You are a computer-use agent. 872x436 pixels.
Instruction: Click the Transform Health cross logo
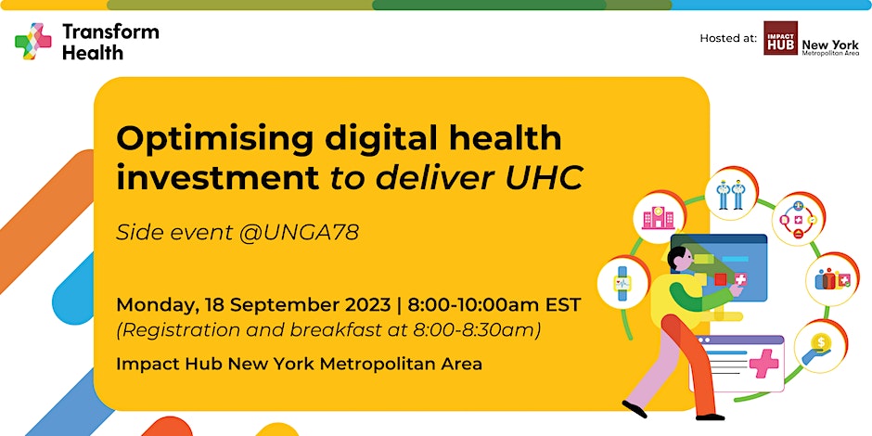tap(33, 41)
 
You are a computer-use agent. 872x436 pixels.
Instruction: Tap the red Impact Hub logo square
tap(780, 38)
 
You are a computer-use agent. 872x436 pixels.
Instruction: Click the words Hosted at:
tap(728, 38)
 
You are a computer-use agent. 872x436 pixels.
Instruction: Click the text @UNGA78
tap(299, 233)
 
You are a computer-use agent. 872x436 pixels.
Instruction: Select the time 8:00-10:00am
tap(476, 305)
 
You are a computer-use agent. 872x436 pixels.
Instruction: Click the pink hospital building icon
tap(658, 218)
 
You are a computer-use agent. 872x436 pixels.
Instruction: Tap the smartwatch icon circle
tap(622, 283)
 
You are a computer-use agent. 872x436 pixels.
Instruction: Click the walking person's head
tap(679, 260)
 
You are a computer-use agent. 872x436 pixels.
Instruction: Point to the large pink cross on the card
tap(764, 363)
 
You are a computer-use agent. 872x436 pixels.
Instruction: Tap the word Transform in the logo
tap(110, 32)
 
